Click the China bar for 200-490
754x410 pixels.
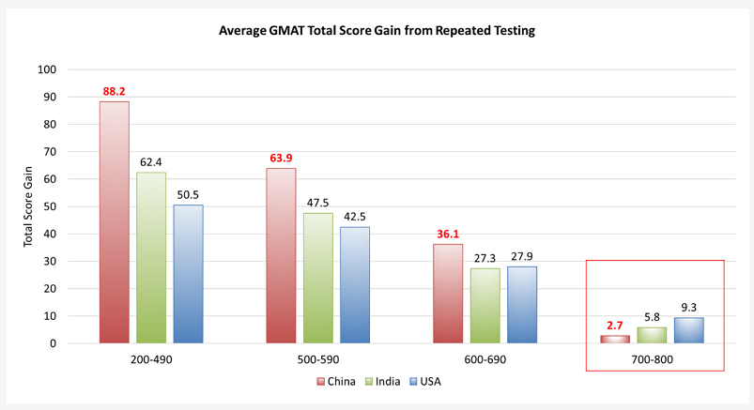115,222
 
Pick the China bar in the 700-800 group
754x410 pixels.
615,339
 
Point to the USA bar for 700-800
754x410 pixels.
688,330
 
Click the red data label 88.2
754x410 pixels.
115,92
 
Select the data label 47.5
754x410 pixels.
317,204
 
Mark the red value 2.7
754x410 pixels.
615,326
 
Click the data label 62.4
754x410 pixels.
151,162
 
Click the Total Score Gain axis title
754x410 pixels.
29,206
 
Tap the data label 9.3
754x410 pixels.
688,308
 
